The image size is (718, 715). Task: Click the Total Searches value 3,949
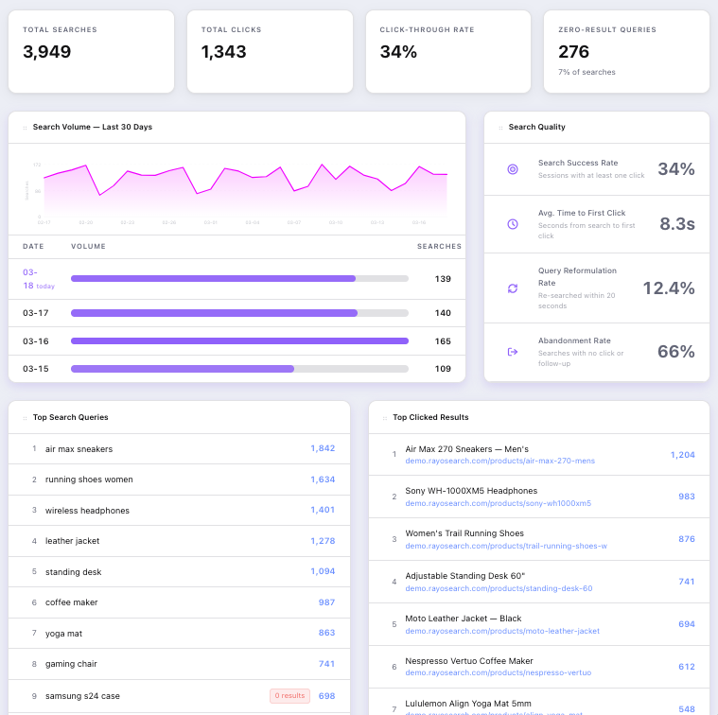coord(47,52)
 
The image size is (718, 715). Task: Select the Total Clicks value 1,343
coord(224,52)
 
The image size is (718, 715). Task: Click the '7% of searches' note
coord(587,72)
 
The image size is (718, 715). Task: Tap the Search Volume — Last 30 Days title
coord(92,127)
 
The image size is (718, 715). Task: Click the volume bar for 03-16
coord(239,340)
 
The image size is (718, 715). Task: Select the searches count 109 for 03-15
coord(443,369)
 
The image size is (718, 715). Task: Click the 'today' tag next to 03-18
coord(45,286)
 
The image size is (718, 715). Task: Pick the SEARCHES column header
coord(439,247)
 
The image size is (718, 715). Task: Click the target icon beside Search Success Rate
coord(513,169)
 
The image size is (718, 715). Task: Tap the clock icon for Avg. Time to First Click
coord(513,224)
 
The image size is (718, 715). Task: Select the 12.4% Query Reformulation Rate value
coord(669,288)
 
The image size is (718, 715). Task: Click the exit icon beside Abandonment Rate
coord(513,352)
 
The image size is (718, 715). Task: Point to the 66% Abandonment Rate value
coord(675,352)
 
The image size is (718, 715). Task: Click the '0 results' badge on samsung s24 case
coord(289,696)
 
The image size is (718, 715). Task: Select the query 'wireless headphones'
coord(87,511)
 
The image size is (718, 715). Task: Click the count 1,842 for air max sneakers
coord(323,449)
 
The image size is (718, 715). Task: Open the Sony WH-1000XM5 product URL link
coord(498,503)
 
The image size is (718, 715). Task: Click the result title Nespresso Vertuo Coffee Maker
coord(469,661)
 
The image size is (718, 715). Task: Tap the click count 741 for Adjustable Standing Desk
coord(686,582)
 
